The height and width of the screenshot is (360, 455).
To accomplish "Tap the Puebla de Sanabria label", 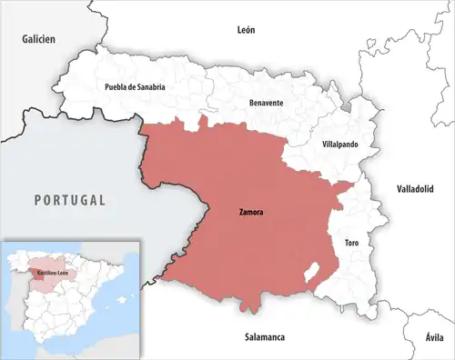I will click(135, 87).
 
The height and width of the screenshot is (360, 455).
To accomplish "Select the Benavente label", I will click(266, 104).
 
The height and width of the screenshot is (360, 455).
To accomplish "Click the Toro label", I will click(351, 244).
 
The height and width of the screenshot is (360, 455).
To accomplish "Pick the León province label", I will click(247, 30).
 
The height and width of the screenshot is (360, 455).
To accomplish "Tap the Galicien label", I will click(39, 40).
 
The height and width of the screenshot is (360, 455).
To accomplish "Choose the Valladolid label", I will click(415, 189).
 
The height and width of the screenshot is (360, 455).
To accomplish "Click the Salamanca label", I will click(265, 337).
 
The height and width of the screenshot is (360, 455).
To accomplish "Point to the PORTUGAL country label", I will click(70, 199).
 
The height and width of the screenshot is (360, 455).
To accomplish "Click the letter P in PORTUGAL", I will click(37, 199).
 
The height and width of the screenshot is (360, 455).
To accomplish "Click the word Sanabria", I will click(148, 87).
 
